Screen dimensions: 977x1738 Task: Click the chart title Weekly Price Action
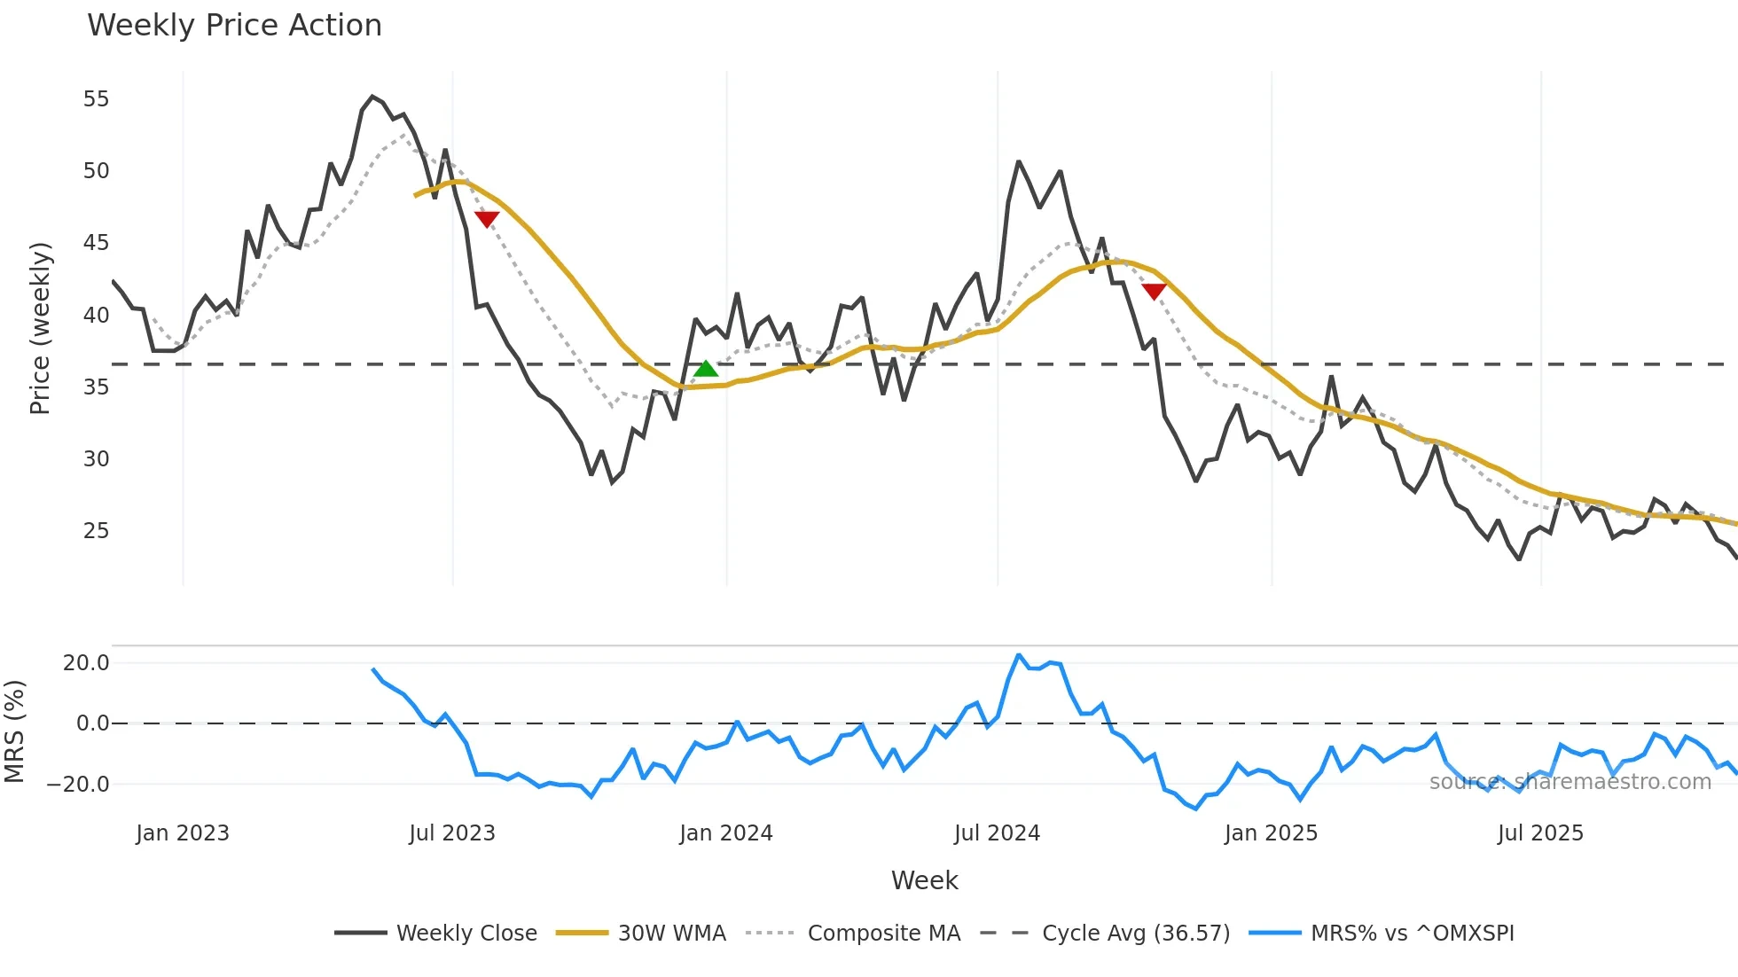(234, 26)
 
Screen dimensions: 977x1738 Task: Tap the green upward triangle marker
(706, 369)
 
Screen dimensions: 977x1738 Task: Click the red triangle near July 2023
(487, 219)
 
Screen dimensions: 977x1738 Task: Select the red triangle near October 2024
(1154, 291)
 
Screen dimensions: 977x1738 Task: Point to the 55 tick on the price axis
(96, 99)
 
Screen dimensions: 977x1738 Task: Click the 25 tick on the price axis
(96, 531)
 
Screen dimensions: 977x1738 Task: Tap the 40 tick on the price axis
(96, 316)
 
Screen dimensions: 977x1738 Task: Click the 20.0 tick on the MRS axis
(86, 663)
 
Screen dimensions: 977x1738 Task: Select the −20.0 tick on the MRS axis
(78, 785)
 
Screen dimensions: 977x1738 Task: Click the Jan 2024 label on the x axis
(726, 833)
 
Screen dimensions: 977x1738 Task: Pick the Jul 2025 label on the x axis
(1540, 833)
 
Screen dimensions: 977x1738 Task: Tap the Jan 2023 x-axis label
(183, 833)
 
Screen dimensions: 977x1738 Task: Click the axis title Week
(924, 880)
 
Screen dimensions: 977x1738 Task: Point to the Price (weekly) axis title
(41, 328)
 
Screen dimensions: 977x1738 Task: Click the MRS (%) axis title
(14, 731)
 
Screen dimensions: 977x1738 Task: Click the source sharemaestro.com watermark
(1570, 782)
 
